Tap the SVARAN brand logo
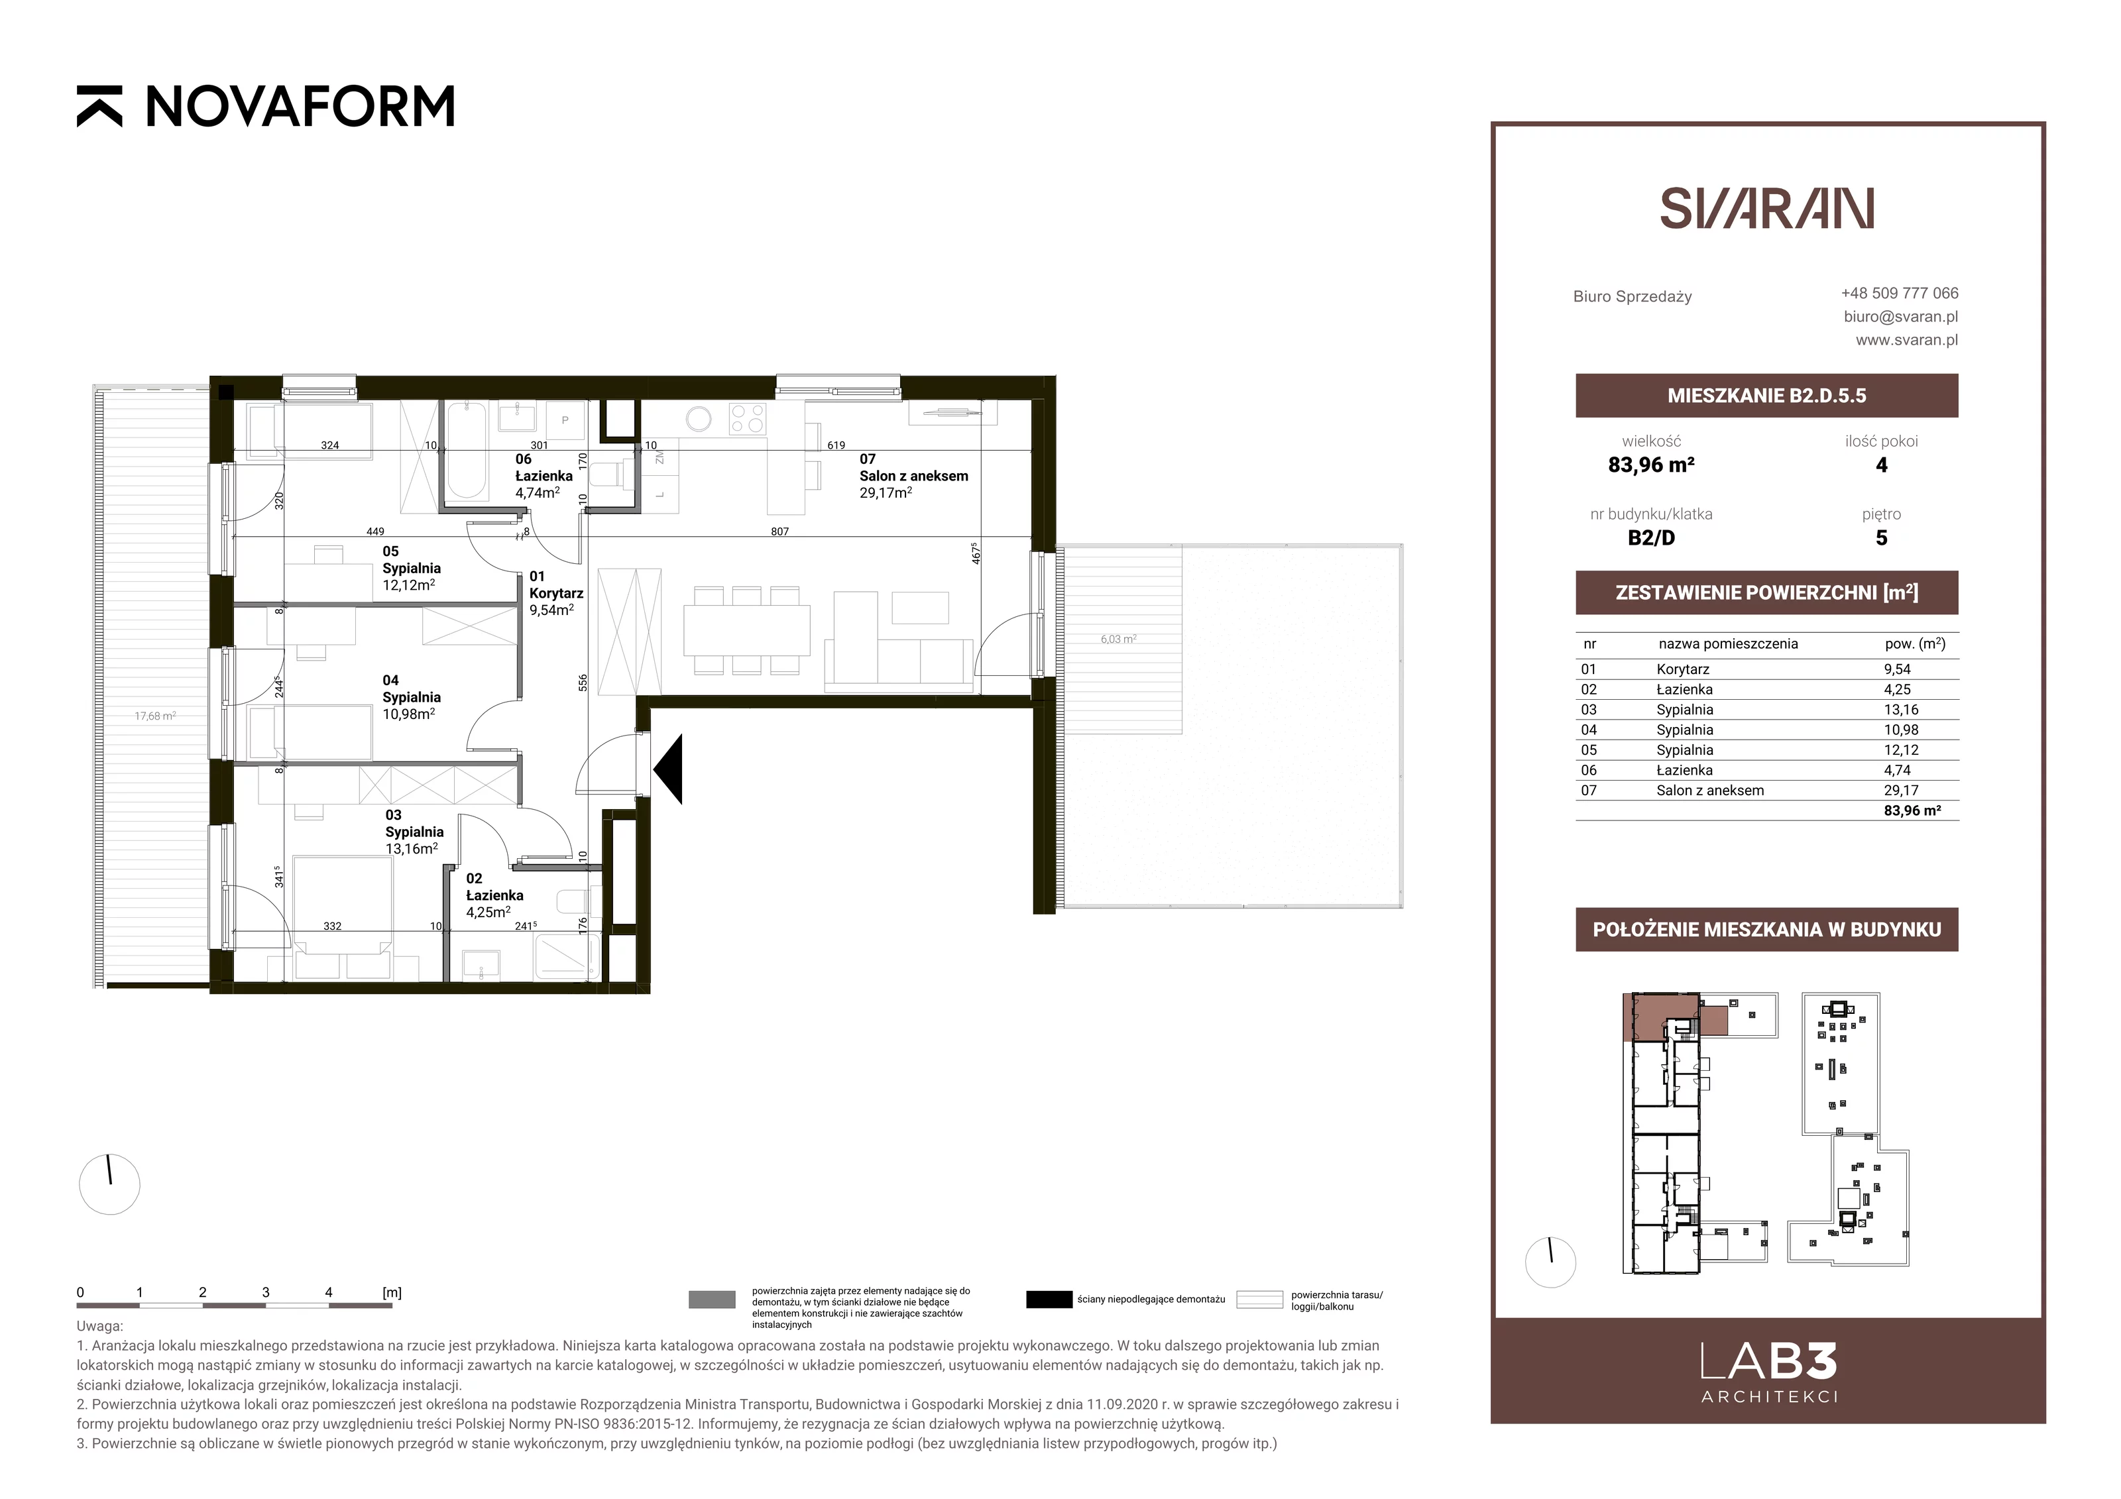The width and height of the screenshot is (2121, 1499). tap(1766, 209)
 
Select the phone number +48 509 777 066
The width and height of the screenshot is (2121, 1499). tap(1900, 293)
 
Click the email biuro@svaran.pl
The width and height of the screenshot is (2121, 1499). tap(1900, 316)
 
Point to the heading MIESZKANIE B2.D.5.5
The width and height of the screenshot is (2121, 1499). tap(1766, 396)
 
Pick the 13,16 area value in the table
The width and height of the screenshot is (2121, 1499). tap(1901, 709)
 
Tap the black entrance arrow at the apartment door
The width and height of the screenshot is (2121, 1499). tap(668, 769)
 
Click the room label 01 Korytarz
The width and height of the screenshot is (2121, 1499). tap(556, 584)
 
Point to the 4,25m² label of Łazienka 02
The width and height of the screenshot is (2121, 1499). tap(488, 912)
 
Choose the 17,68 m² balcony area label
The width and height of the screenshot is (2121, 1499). tap(155, 716)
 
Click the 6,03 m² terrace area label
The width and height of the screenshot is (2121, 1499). tap(1118, 639)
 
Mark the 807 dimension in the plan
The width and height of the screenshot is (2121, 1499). tap(779, 532)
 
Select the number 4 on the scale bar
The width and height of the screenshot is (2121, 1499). tap(329, 1292)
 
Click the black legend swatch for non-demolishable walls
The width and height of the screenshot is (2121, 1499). tap(1049, 1300)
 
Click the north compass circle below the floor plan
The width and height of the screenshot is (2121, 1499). tap(110, 1184)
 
